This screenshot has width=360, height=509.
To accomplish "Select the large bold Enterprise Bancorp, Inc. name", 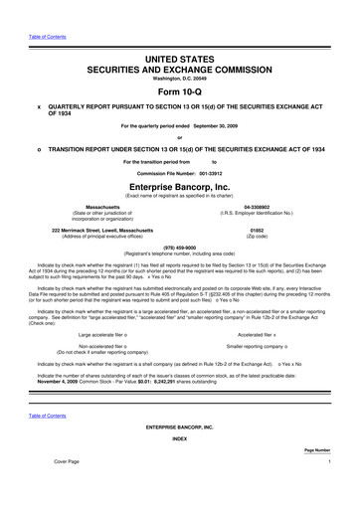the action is pos(180,185).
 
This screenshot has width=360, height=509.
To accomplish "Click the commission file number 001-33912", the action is pos(212,170).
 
